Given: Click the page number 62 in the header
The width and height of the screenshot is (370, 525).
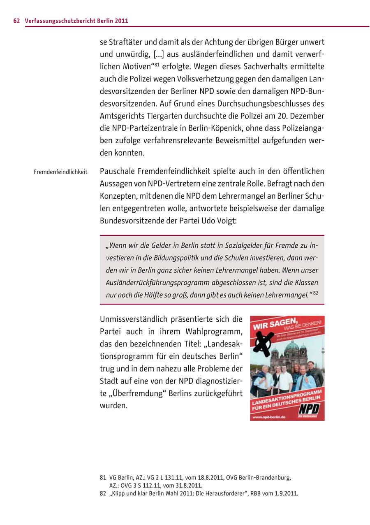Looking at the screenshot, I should (x=16, y=21).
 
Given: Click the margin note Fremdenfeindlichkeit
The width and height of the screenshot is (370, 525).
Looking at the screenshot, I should (x=60, y=172).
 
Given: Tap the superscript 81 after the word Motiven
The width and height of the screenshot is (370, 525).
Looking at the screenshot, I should (x=157, y=64).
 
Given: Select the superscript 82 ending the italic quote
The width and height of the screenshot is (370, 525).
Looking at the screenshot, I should (x=316, y=293).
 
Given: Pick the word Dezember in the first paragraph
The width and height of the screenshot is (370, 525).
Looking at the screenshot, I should (x=307, y=116).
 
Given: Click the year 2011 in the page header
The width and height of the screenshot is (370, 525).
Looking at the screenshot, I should (x=121, y=21).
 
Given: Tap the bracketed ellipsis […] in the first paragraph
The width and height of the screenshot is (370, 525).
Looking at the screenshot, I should (x=159, y=54).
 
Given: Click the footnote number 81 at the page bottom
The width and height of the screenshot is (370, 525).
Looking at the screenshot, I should (x=103, y=478).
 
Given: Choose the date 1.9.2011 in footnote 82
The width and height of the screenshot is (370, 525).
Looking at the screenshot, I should (x=285, y=493).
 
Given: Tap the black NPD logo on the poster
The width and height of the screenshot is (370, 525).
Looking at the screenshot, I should (x=309, y=409).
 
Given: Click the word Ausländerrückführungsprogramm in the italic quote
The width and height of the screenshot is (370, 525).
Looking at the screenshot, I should (x=157, y=283).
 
